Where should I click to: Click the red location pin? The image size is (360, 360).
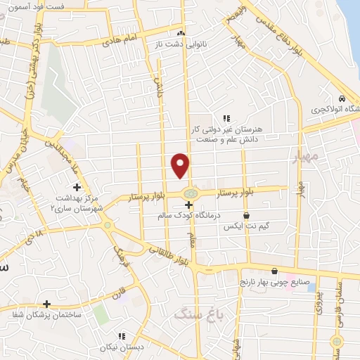click(181, 165)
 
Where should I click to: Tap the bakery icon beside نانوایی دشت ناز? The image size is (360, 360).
click(181, 32)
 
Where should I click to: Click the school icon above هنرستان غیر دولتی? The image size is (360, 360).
click(226, 118)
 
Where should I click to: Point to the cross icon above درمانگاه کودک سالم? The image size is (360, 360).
click(188, 204)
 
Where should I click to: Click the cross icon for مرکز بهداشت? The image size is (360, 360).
click(77, 188)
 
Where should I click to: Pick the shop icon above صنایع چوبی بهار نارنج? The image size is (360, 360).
click(274, 271)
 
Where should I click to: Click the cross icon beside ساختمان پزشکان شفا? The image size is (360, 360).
click(46, 304)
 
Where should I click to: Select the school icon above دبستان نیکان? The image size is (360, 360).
click(122, 336)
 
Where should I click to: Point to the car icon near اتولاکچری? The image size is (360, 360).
click(342, 99)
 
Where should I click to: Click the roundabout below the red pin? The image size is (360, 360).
click(189, 193)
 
